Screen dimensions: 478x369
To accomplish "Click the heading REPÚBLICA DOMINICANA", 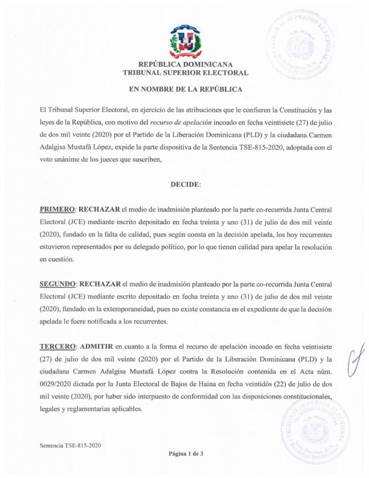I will [x=185, y=65].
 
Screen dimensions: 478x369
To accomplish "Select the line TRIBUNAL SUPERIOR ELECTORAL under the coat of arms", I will [x=185, y=73].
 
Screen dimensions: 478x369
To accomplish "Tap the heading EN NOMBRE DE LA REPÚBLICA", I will [x=185, y=89].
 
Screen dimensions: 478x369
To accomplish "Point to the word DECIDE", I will [x=185, y=184].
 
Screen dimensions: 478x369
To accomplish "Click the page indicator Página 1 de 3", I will [x=185, y=453].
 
